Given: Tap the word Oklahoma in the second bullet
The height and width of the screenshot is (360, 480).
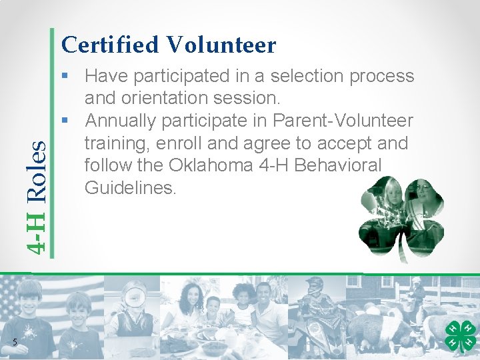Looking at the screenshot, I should (200, 165).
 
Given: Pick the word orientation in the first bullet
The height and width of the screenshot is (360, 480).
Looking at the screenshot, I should (162, 98).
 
